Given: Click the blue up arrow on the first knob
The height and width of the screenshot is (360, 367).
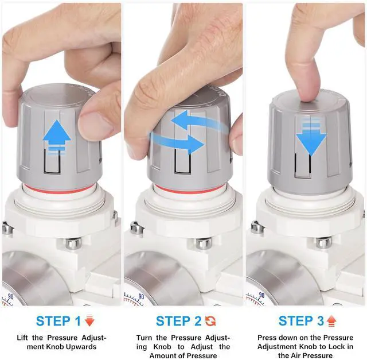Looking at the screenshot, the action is coord(57,137).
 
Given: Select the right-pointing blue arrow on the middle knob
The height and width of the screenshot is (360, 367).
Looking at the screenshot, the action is coord(177,142).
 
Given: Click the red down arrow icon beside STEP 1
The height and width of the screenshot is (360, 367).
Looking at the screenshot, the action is coord(89,320).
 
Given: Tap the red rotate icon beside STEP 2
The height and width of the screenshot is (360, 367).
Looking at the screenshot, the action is coord(210,321).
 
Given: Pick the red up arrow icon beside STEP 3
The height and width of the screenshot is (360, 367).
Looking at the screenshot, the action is coord(331,321).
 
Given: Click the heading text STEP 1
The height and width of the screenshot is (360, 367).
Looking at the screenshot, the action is coord(58,321).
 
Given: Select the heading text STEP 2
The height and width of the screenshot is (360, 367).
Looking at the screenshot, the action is coord(178,321).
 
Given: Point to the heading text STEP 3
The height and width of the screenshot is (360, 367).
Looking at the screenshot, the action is coord(301,321).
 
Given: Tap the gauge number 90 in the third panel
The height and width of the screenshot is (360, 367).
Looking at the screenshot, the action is coord(261,295).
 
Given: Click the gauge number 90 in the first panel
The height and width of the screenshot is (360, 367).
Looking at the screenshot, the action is coord(11,297).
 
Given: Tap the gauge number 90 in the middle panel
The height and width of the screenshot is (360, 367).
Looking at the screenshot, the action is coord(141,296).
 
